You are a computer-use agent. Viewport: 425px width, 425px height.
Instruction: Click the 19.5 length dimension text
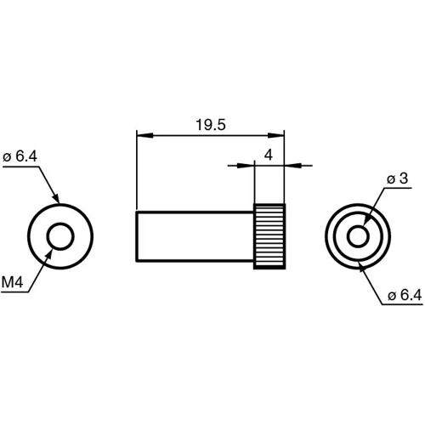pyautogui.click(x=209, y=125)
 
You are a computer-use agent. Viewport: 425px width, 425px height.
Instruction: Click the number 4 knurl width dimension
pyautogui.click(x=268, y=155)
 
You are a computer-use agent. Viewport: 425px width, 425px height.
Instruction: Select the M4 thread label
pyautogui.click(x=12, y=281)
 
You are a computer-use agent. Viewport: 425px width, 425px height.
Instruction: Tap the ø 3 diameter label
pyautogui.click(x=398, y=179)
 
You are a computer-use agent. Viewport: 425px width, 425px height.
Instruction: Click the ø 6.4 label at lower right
pyautogui.click(x=404, y=295)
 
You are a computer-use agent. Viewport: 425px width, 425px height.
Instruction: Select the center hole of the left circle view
pyautogui.click(x=60, y=235)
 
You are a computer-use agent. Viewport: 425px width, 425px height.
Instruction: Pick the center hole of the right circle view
pyautogui.click(x=357, y=235)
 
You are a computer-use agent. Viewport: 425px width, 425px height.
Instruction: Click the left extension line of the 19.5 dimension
pyautogui.click(x=137, y=170)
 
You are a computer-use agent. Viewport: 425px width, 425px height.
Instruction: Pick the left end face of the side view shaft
pyautogui.click(x=137, y=237)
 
